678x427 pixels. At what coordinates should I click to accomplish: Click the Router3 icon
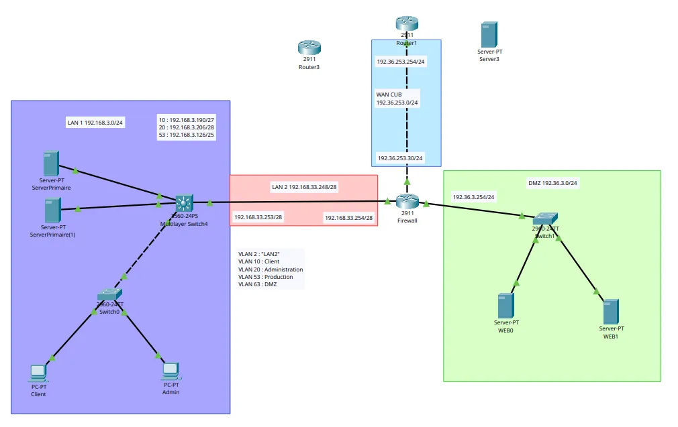click(309, 47)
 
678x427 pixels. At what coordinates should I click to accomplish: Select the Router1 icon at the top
click(407, 23)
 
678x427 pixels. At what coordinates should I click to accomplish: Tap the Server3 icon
click(489, 35)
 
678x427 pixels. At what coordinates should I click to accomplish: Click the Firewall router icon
click(407, 200)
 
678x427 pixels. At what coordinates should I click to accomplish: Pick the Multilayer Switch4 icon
click(184, 202)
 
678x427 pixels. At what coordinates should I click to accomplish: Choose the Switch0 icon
click(109, 295)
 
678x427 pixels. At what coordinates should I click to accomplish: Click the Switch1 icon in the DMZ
click(544, 219)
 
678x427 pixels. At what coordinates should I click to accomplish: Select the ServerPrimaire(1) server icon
click(52, 210)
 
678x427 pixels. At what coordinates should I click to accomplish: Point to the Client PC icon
click(38, 372)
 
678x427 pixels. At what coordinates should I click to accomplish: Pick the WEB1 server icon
click(611, 312)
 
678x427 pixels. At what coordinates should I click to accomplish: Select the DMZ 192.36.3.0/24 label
click(552, 183)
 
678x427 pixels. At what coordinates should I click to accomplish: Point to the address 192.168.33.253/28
click(258, 217)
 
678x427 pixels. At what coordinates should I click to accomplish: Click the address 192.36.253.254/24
click(401, 62)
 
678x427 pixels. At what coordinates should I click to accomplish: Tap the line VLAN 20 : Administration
click(271, 269)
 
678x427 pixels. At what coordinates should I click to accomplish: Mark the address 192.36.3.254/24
click(474, 197)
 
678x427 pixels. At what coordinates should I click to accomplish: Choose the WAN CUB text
click(389, 95)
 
